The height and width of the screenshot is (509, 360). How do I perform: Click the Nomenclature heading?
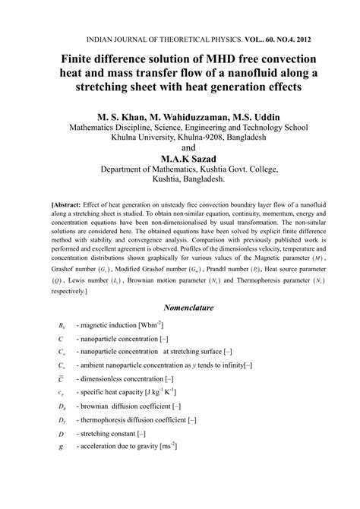coord(179,308)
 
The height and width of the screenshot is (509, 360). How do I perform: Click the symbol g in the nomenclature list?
coord(60,446)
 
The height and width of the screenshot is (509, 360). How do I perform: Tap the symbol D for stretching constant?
coord(60,433)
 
